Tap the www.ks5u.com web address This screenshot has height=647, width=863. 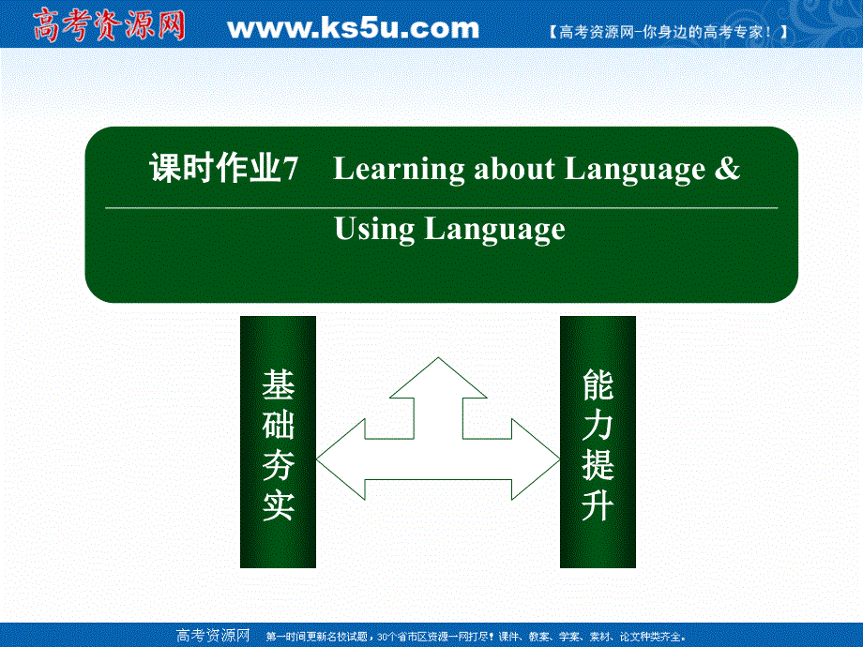pyautogui.click(x=353, y=28)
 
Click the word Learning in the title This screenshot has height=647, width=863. pyautogui.click(x=399, y=171)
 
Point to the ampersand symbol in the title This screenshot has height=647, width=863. pyautogui.click(x=728, y=169)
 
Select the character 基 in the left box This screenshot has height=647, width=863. pyautogui.click(x=279, y=384)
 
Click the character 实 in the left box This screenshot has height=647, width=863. pyautogui.click(x=279, y=505)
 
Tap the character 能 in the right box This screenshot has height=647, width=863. pyautogui.click(x=598, y=384)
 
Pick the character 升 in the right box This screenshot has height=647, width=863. pyautogui.click(x=598, y=505)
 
